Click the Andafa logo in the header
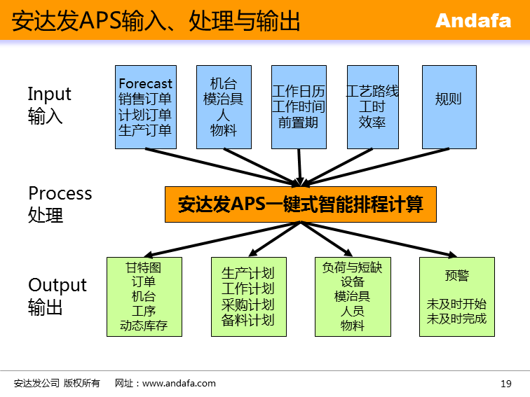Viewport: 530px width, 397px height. pos(473,20)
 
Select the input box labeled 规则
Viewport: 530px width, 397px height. pos(449,106)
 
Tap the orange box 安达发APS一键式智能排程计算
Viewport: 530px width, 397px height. pos(300,204)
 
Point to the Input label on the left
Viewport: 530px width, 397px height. pos(49,94)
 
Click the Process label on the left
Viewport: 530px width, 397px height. pos(60,193)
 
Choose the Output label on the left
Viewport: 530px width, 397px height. pos(57,285)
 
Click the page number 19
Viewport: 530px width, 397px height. pos(506,383)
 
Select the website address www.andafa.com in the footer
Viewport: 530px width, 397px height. pos(179,383)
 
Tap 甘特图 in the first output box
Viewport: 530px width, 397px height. pos(144,267)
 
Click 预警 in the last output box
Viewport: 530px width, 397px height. pos(456,275)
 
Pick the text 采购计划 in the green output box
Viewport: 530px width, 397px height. pos(248,305)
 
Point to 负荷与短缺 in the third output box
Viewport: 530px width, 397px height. pos(353,267)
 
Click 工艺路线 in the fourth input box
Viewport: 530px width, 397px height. pos(373,91)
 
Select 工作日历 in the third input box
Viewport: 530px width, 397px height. pos(299,92)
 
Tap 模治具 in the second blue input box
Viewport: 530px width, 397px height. pos(224,99)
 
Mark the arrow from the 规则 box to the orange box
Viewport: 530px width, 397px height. pos(379,165)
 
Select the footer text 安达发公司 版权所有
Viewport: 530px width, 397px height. pos(57,383)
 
